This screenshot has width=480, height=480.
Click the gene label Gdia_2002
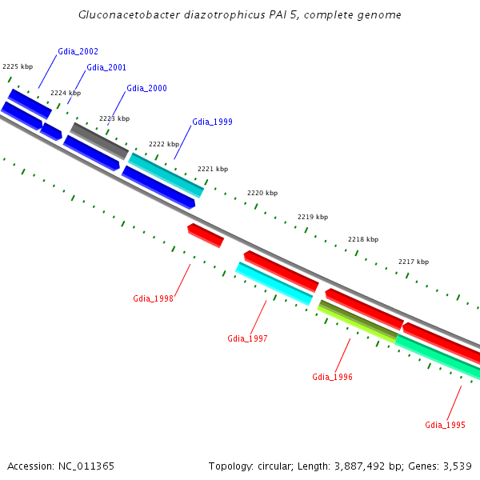click(78, 51)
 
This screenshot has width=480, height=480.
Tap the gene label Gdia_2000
click(146, 88)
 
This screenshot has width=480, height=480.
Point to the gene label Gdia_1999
click(212, 122)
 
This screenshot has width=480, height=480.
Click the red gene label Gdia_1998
click(153, 298)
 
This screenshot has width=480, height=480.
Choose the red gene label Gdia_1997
click(247, 338)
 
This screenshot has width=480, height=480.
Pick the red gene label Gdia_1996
click(332, 377)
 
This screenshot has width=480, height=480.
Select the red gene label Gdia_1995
click(445, 425)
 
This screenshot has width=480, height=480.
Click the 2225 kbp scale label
click(18, 66)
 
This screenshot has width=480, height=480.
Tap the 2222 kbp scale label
click(164, 144)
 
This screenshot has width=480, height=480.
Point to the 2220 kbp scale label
click(262, 193)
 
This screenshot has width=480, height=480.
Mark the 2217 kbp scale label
click(414, 262)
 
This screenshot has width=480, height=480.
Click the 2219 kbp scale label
click(313, 217)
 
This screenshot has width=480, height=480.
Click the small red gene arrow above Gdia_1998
click(206, 235)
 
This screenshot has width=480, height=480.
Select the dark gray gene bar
click(99, 140)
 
